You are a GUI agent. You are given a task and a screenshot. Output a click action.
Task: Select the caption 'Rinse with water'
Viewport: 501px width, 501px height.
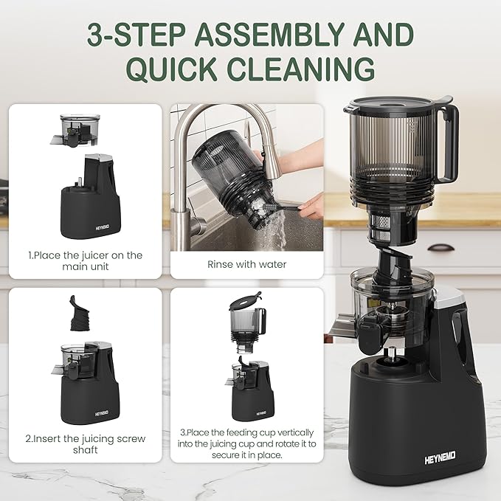point(246,264)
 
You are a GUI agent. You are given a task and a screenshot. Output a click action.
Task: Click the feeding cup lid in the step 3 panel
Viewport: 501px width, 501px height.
point(243,302)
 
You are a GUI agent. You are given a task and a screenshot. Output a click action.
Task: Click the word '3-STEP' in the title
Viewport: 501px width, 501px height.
point(135,35)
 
